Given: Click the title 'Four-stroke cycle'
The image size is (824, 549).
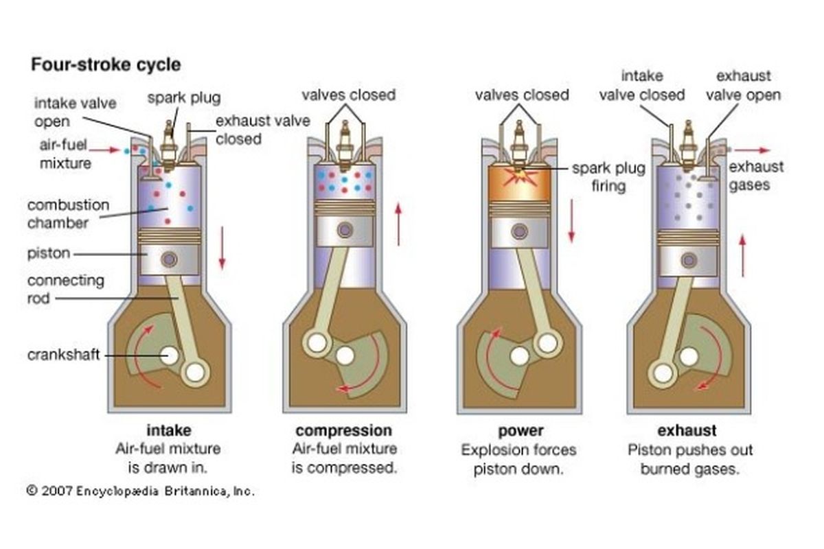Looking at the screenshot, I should click(106, 65).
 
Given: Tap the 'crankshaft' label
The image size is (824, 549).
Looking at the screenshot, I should click(63, 355).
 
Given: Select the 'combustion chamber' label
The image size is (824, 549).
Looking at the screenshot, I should click(68, 213).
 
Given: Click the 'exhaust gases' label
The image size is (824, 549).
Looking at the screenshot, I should click(756, 176).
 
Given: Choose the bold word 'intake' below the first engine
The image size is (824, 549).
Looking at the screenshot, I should click(169, 431).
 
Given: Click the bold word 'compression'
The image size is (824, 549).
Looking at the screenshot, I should click(344, 431).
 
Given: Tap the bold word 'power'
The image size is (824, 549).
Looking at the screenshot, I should click(520, 431).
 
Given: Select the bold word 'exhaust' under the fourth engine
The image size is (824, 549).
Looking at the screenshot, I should click(687, 431).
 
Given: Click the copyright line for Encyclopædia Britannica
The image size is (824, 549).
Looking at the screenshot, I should click(140, 491).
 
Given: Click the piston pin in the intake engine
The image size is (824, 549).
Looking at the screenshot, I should click(169, 259).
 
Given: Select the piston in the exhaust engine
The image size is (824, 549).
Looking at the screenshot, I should click(688, 258).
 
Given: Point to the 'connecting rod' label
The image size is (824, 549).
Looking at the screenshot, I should click(66, 289).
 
